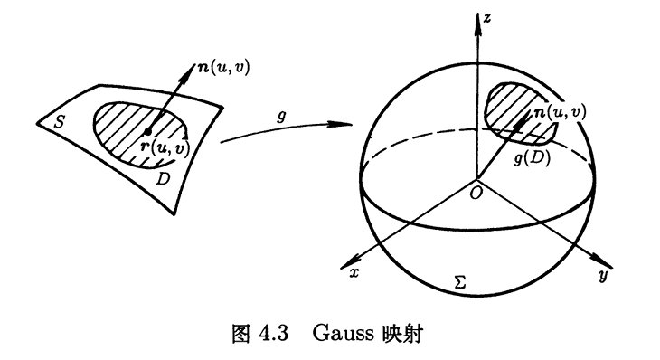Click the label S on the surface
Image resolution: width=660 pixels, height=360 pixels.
(59, 122)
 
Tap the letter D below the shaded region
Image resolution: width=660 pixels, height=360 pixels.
(163, 179)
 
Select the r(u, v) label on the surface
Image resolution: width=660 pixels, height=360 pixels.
(165, 148)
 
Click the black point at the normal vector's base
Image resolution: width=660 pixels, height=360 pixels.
(147, 131)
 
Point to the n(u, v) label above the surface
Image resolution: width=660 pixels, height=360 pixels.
(223, 67)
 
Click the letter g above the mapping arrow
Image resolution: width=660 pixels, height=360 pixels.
(281, 116)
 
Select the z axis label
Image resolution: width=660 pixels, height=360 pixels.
(487, 18)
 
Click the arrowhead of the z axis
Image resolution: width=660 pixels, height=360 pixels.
(477, 25)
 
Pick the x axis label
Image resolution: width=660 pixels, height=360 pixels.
(354, 273)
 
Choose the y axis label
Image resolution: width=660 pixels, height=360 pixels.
(603, 276)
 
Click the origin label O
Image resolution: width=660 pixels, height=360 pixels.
(476, 194)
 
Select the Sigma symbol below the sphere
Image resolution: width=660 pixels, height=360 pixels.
(460, 281)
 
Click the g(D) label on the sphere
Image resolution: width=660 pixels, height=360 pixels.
(533, 158)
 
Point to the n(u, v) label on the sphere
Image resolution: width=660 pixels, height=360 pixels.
(560, 111)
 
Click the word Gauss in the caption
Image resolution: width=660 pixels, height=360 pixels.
(343, 333)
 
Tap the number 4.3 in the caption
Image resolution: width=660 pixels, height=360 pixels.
(274, 334)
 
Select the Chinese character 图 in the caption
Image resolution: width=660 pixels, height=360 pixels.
(240, 334)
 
